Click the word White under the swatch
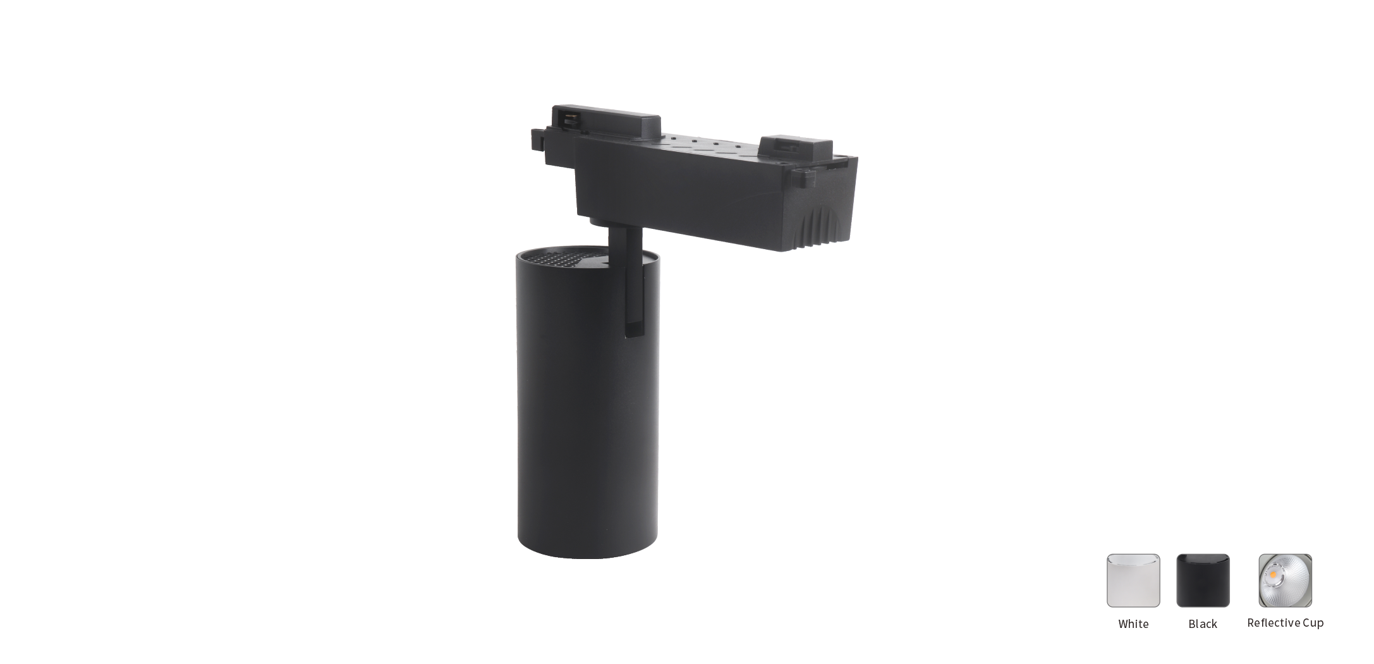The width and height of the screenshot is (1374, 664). [x=1133, y=624]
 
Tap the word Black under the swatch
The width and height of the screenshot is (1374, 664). [x=1203, y=624]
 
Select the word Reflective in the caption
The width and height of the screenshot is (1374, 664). [x=1272, y=623]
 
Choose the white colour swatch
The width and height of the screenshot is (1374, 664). [x=1133, y=581]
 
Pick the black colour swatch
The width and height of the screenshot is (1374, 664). [x=1203, y=581]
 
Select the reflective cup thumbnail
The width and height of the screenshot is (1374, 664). [x=1285, y=581]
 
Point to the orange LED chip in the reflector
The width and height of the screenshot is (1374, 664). [x=1273, y=574]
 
